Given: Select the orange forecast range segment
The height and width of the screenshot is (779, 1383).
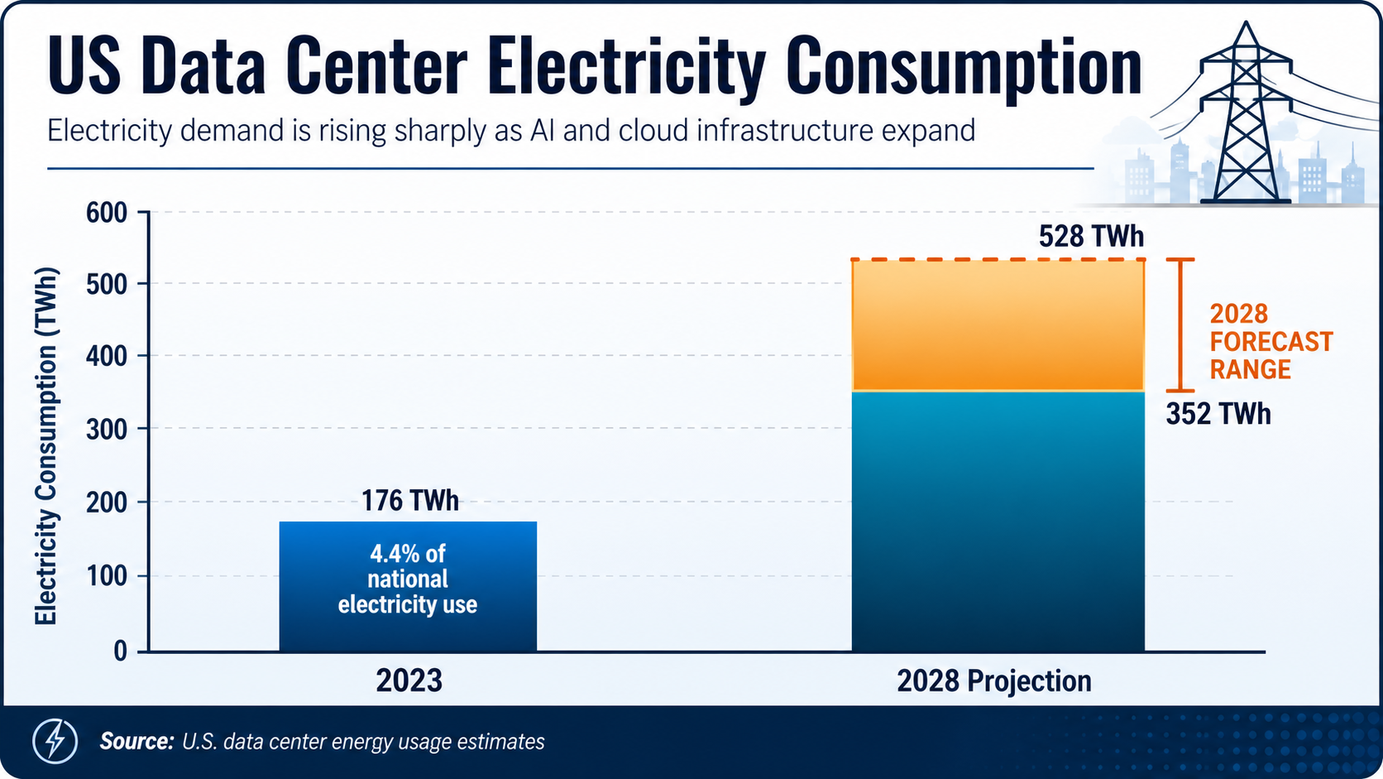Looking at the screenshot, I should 998,325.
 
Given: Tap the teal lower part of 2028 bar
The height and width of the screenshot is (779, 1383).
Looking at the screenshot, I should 998,522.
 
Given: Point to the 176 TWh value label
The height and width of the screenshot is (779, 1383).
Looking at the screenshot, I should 409,501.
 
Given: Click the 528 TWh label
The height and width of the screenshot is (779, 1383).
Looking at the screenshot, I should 1091,237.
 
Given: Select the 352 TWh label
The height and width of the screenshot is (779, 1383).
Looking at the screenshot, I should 1218,414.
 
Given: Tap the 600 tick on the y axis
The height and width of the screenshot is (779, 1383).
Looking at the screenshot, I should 107,213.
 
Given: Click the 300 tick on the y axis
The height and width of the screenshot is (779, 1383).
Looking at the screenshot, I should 107,429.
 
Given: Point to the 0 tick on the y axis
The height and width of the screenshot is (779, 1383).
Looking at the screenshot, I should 121,652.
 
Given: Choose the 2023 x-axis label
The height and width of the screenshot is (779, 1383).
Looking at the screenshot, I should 409,680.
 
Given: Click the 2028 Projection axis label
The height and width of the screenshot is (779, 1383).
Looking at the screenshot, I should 994,681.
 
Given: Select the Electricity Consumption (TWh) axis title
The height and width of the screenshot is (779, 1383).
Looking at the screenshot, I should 46,446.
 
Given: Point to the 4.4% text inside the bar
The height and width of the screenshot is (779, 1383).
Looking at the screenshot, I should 395,553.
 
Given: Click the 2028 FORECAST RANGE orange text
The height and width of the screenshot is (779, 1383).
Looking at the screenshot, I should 1270,341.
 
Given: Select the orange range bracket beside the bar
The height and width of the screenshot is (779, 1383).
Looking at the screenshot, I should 1180,325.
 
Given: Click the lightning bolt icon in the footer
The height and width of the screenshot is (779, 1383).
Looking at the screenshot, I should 55,740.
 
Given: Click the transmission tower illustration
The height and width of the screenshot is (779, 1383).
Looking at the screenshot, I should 1245,116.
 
